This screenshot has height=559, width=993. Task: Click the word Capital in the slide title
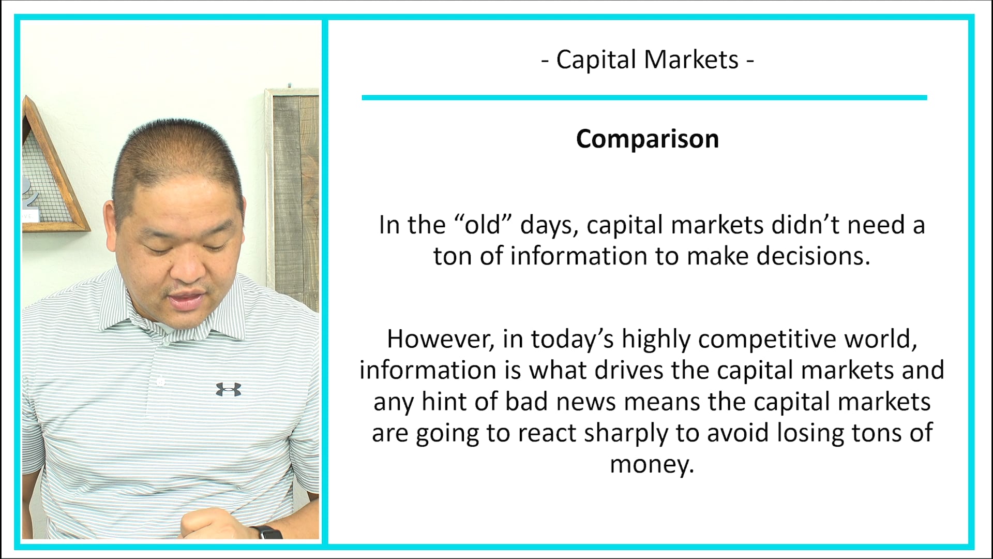point(596,60)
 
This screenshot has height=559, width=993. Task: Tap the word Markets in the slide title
point(691,60)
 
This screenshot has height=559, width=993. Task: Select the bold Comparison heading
point(648,139)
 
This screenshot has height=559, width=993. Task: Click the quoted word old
point(483,225)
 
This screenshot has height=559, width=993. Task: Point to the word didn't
point(805,225)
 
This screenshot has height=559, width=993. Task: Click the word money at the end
point(651,464)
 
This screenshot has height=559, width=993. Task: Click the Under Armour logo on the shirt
point(228,389)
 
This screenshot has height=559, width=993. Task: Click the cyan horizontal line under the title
point(644,97)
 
